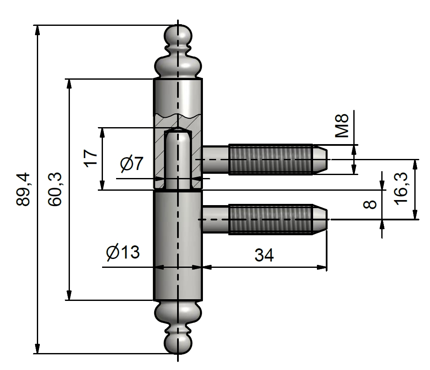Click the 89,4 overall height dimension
[23, 189]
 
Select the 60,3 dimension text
[55, 189]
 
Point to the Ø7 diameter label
[132, 164]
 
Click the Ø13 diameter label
[123, 253]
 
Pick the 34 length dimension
[264, 255]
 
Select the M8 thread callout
[341, 125]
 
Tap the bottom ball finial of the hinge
[178, 342]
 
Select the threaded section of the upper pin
[270, 159]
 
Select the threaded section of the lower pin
[270, 219]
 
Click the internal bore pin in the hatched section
[178, 159]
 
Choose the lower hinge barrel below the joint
[178, 246]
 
